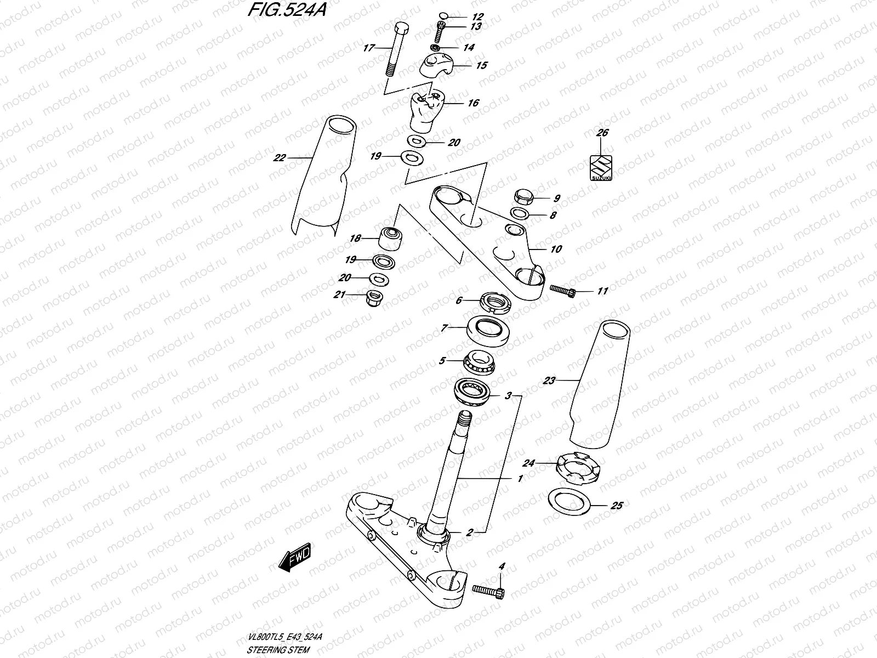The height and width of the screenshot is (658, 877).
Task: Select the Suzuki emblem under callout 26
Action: click(601, 167)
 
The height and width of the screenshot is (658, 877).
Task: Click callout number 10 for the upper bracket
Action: click(556, 249)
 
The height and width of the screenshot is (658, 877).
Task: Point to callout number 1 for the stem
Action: click(520, 479)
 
